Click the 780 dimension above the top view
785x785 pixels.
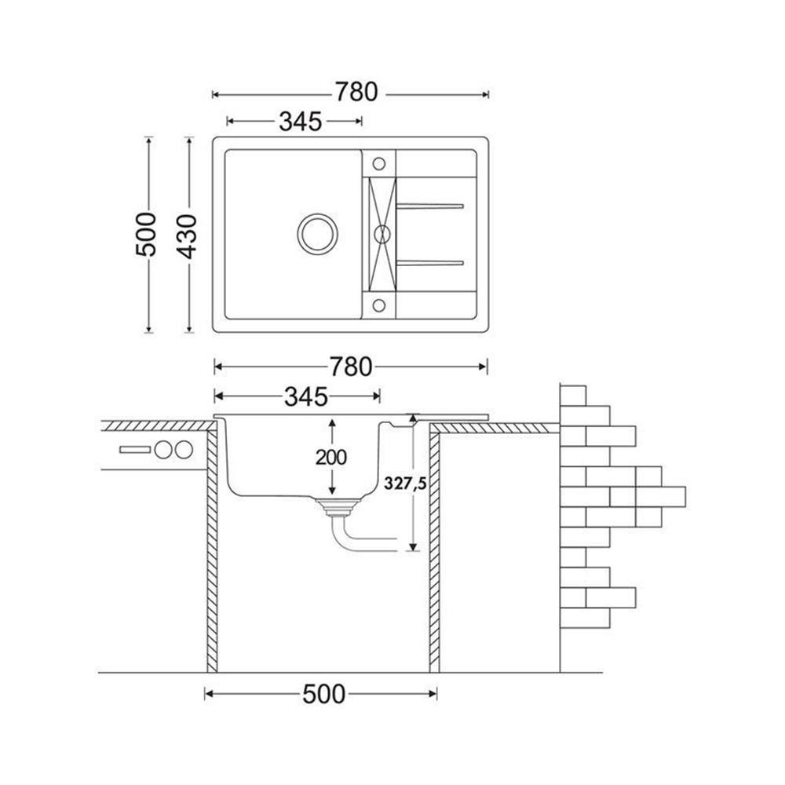tap(356, 93)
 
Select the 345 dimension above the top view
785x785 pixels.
tap(300, 121)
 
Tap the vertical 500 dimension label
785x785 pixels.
tap(146, 234)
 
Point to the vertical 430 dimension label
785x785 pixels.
tap(188, 236)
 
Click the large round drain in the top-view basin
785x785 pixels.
tap(317, 234)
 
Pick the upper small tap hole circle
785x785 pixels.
tap(379, 163)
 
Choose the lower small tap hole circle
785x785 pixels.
tap(379, 305)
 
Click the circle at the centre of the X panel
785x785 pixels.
tap(382, 234)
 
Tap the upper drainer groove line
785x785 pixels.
tap(430, 205)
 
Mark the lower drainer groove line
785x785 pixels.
tap(430, 262)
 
